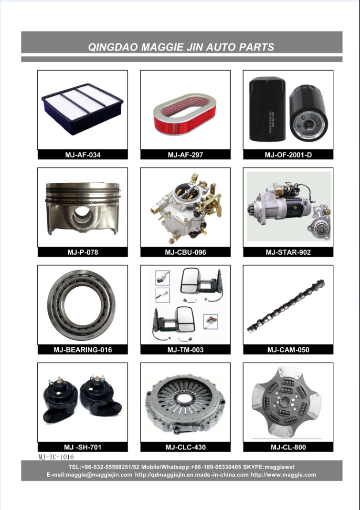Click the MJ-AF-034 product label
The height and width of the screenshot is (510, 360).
pyautogui.click(x=83, y=155)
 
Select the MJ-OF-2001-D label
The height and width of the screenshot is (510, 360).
pyautogui.click(x=288, y=155)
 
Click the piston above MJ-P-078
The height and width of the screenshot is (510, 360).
pyautogui.click(x=83, y=208)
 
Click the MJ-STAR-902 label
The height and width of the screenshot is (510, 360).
pyautogui.click(x=288, y=252)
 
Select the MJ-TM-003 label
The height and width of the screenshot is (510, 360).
pyautogui.click(x=185, y=350)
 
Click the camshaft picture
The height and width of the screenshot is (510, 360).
pyautogui.click(x=286, y=306)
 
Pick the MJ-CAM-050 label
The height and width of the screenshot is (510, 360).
pyautogui.click(x=288, y=350)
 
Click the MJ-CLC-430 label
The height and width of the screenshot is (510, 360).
pyautogui.click(x=185, y=447)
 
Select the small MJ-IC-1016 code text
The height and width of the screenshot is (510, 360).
pyautogui.click(x=56, y=457)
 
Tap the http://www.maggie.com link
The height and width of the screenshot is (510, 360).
pyautogui.click(x=283, y=475)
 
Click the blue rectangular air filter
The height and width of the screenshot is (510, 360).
pyautogui.click(x=82, y=109)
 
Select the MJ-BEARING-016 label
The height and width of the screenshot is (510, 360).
pyautogui.click(x=83, y=350)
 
